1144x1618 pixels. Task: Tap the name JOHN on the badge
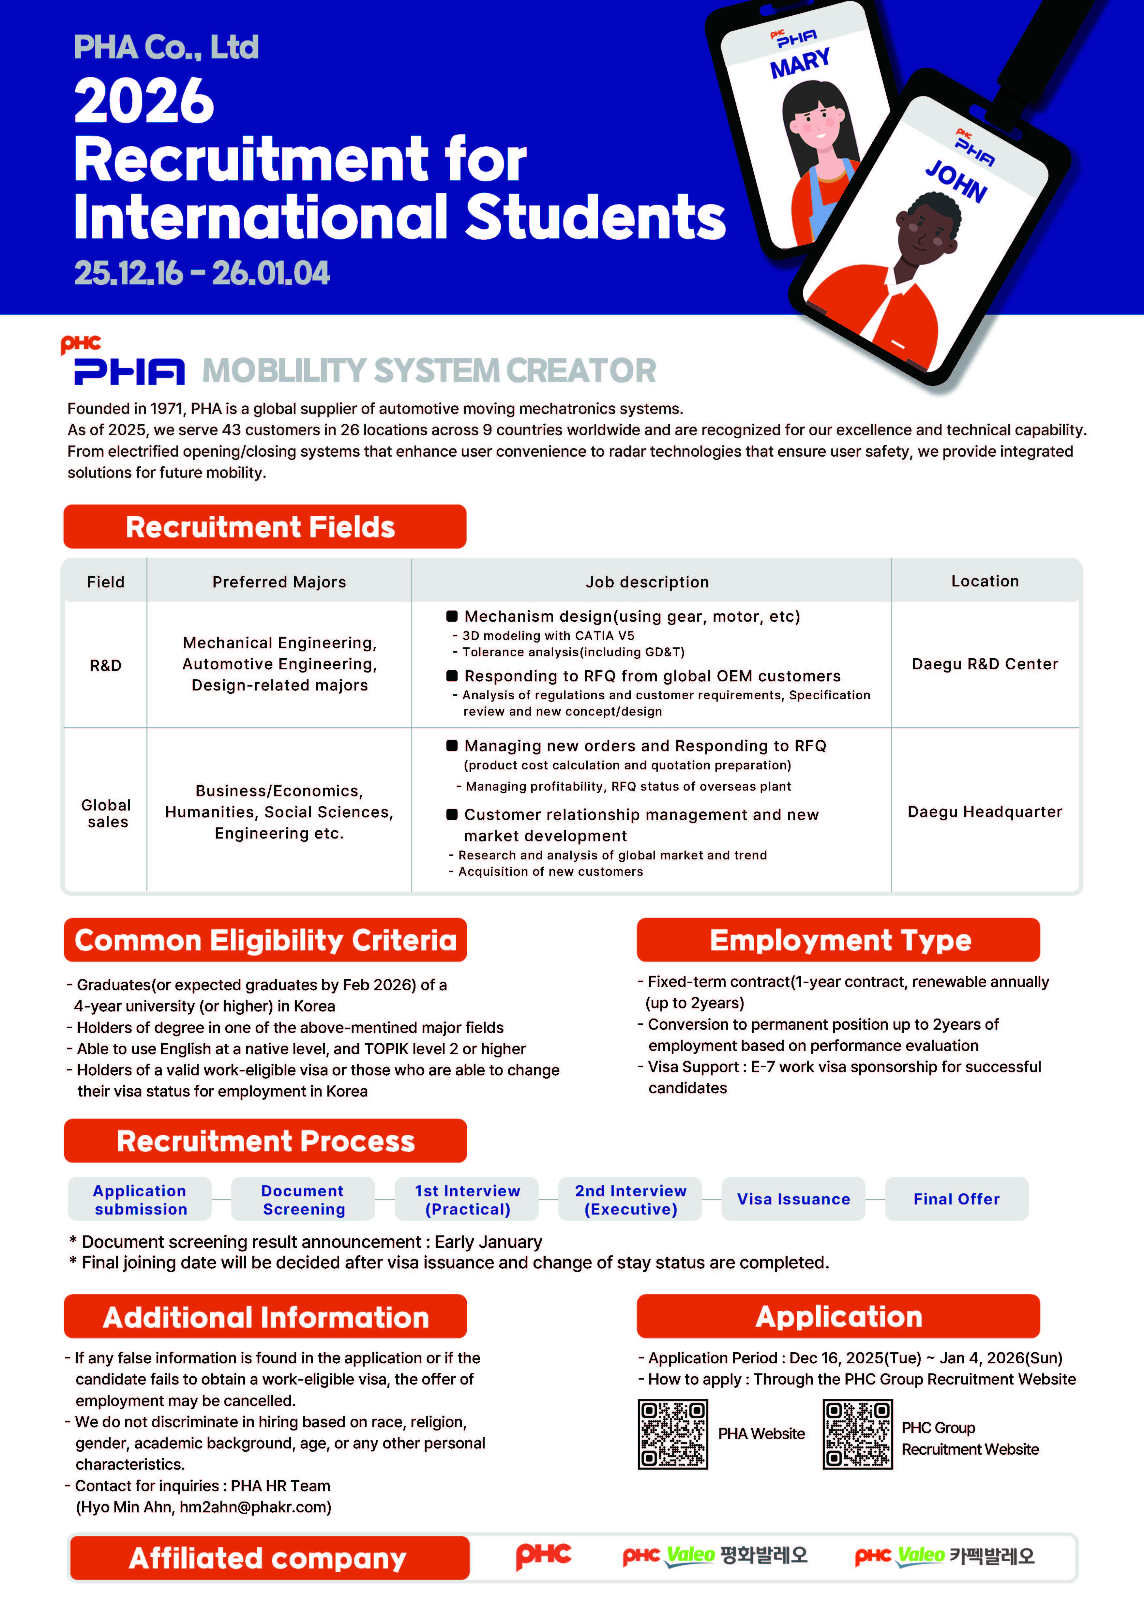point(956,181)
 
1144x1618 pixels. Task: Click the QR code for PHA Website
point(673,1434)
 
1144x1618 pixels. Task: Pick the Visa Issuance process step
point(793,1199)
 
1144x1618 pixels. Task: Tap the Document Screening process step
point(303,1200)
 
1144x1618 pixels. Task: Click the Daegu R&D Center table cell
point(985,664)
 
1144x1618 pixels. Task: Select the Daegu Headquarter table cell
point(985,812)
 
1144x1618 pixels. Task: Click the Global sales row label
point(106,813)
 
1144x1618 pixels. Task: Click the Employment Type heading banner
point(838,940)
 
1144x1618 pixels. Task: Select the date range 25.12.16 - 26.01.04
point(202,273)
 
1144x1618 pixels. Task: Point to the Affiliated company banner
point(268,1558)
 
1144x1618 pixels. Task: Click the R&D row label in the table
point(106,665)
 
